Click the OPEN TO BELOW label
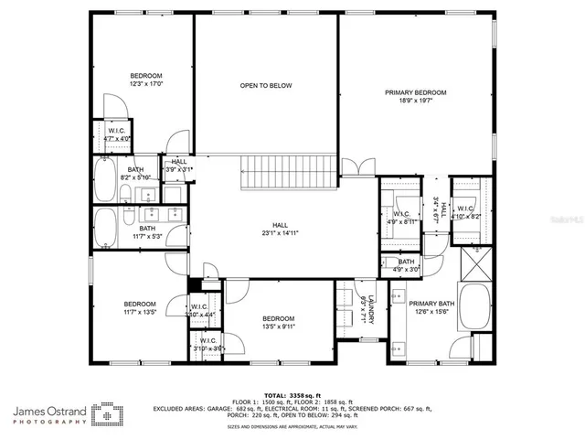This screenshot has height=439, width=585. tap(265, 85)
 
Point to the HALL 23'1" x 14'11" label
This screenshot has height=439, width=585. tap(279, 229)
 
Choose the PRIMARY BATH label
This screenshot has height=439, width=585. tap(431, 307)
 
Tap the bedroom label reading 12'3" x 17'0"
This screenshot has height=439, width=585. tap(145, 80)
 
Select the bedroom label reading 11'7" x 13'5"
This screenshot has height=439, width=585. tap(140, 308)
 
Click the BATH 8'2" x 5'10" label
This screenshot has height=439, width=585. tap(135, 174)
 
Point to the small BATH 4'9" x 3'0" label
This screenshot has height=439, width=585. tap(406, 265)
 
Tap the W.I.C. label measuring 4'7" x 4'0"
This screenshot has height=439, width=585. tap(117, 134)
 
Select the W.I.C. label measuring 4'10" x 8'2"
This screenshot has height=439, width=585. tap(466, 213)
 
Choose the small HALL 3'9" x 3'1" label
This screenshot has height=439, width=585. tap(178, 166)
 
